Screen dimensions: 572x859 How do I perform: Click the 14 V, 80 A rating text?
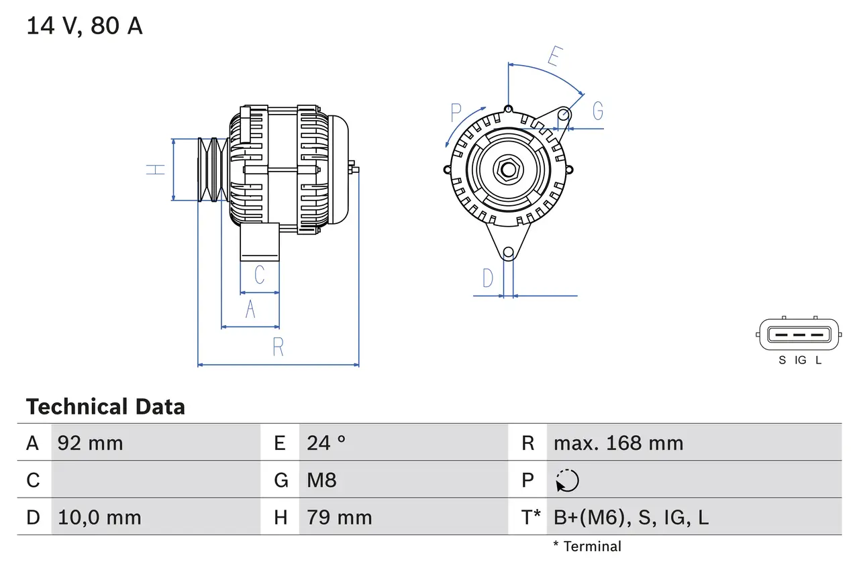coord(84,26)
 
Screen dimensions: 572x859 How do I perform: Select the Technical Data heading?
coord(105,407)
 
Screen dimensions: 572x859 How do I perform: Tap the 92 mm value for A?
coord(91,443)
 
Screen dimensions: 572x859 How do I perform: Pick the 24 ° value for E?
coord(326,443)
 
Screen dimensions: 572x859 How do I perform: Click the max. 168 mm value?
coord(618,443)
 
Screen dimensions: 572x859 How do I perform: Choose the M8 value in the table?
coord(321,480)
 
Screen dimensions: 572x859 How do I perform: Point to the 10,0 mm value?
coord(99,518)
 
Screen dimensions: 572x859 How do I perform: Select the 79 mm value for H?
coord(339,518)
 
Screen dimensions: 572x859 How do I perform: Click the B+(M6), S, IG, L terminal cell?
coord(631,518)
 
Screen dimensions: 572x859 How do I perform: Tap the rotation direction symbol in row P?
coord(567,481)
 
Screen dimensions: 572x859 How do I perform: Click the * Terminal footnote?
coord(587,547)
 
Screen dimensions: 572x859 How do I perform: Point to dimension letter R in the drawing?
coord(278,347)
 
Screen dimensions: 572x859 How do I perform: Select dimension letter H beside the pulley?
coord(156,169)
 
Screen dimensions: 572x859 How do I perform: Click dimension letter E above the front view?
coord(553,57)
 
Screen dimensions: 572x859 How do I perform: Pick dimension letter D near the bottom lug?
coord(488,278)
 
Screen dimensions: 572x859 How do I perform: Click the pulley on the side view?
coord(213,170)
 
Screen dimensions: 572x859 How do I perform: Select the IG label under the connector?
coord(800,361)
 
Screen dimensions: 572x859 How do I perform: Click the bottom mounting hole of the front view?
coord(508,252)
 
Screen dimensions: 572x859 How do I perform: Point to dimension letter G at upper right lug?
coord(597,111)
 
